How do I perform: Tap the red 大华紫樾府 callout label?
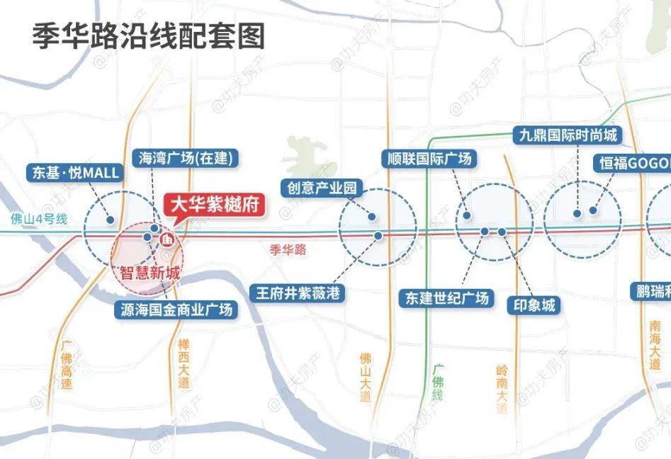(215, 206)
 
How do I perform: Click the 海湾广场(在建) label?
(186, 158)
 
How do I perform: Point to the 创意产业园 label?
(322, 188)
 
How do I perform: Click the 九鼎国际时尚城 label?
(567, 135)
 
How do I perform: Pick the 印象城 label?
(534, 306)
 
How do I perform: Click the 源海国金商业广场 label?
(176, 310)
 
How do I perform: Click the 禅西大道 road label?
(185, 363)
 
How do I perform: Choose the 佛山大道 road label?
(366, 376)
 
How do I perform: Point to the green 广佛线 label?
(437, 383)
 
